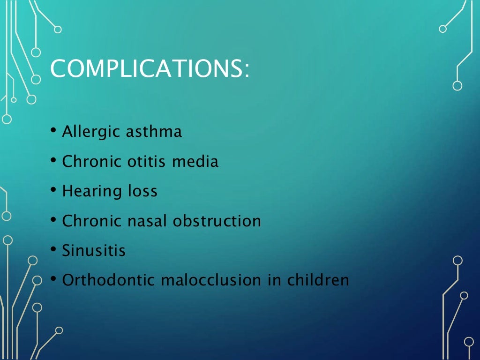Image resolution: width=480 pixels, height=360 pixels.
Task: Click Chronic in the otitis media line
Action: pyautogui.click(x=91, y=162)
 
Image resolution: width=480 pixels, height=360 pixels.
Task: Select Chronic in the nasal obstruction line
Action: pyautogui.click(x=91, y=221)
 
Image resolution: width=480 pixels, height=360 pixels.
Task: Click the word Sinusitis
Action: pyautogui.click(x=94, y=250)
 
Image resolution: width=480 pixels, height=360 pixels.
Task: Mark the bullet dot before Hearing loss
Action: pyautogui.click(x=54, y=190)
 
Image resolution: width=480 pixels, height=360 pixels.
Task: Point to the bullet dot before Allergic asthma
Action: pyautogui.click(x=54, y=131)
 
